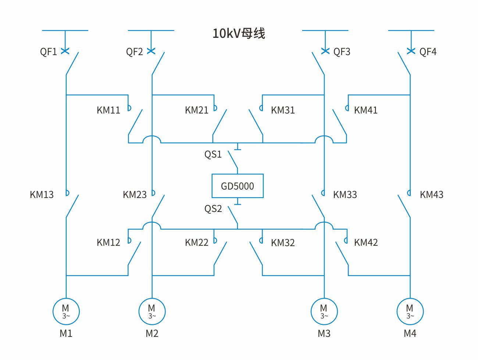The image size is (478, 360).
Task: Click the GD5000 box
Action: (238, 186)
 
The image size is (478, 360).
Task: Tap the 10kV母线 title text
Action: (239, 33)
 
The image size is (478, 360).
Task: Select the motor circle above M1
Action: (66, 312)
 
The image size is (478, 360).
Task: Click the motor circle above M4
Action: (410, 312)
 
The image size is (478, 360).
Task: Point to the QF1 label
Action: (49, 52)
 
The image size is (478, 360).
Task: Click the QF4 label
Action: (428, 52)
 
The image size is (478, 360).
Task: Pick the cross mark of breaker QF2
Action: (151, 51)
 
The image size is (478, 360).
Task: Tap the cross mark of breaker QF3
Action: (325, 51)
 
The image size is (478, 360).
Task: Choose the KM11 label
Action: (108, 110)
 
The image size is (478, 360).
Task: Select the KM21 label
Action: (197, 110)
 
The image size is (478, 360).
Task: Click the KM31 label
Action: (283, 110)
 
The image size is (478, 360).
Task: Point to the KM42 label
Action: (366, 242)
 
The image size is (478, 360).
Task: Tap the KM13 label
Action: (42, 195)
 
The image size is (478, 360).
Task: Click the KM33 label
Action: (345, 195)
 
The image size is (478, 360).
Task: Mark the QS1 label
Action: (213, 154)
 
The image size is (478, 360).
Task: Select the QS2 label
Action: (213, 209)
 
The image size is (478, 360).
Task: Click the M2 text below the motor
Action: (152, 334)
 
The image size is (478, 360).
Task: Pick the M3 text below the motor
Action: (324, 334)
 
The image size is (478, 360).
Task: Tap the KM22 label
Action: (197, 242)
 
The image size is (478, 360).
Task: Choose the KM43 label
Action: (432, 195)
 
